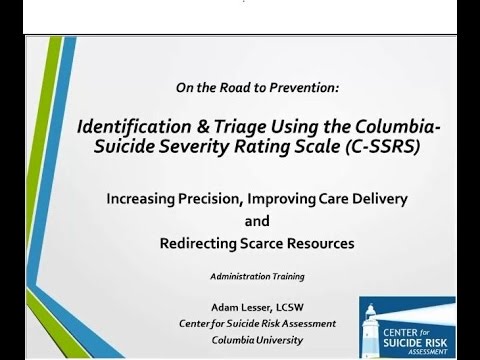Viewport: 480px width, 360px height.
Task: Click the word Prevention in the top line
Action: point(309,88)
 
